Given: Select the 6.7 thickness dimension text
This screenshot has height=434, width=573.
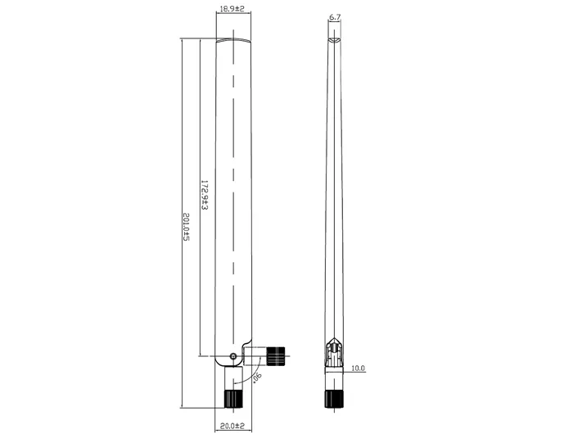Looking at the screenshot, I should coord(334,17).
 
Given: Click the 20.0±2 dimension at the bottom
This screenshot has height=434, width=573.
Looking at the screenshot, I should coord(234,425).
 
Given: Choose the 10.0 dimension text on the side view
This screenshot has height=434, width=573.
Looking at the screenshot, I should coord(358,368).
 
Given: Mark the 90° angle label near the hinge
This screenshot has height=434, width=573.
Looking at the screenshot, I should coord(256,377).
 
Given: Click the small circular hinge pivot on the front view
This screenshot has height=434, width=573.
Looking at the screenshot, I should coord(234,356).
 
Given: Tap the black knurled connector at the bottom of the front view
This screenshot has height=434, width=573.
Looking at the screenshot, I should coord(234,398).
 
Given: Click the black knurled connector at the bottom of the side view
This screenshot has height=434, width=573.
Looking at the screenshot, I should coord(333,399).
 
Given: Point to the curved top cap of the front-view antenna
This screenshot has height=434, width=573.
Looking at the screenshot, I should coord(234,39).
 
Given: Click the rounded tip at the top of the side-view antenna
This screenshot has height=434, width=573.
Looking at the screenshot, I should coord(334,38).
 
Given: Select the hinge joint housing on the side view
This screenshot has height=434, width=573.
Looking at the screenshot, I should coord(333,354).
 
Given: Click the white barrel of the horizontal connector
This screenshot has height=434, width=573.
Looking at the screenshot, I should coord(259,355).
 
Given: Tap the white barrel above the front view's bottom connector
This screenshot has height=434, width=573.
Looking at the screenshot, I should coord(234,377).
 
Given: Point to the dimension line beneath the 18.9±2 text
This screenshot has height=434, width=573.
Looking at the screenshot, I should coord(234,16).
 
